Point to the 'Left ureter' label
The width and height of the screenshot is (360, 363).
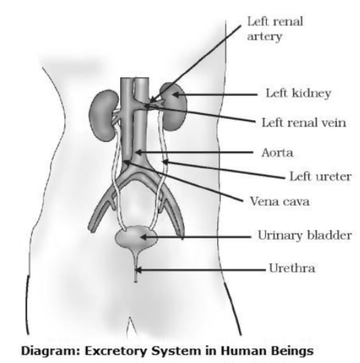[x=318, y=177]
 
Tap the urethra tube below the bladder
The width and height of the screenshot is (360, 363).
[x=136, y=269]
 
